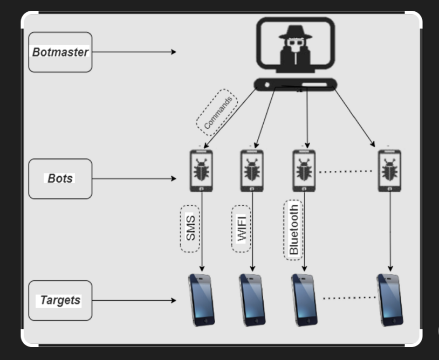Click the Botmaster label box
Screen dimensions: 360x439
[x=60, y=52]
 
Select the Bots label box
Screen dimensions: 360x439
[x=60, y=178]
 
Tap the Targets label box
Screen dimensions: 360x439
[x=60, y=300]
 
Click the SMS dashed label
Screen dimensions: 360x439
[x=190, y=229]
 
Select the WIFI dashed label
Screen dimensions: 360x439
[x=241, y=229]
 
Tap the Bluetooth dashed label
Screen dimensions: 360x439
[x=293, y=229]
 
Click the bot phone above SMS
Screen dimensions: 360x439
[x=201, y=170]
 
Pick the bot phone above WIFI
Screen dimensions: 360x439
[x=252, y=170]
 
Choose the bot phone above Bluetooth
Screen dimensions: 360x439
[x=304, y=170]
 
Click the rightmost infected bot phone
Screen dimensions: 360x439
[x=389, y=170]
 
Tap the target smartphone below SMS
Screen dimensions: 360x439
[x=201, y=300]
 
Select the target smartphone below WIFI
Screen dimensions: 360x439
[x=252, y=300]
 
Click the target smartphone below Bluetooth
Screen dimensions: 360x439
[x=304, y=300]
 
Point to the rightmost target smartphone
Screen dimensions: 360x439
[x=390, y=300]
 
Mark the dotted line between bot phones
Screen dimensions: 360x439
[x=346, y=171]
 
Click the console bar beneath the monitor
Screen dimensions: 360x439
[x=295, y=85]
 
